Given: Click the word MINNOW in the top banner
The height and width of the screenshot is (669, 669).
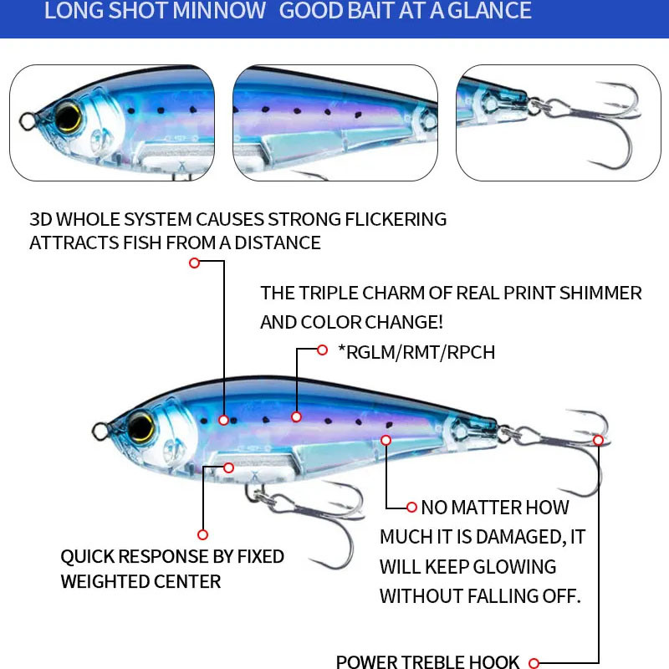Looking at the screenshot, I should [x=220, y=12].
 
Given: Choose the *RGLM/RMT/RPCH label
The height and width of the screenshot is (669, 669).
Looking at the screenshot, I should [x=416, y=353].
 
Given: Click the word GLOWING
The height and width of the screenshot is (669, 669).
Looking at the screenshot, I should [x=515, y=567].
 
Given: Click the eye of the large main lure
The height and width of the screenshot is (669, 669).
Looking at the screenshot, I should [x=143, y=426].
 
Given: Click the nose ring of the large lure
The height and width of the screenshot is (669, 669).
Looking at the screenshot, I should [x=100, y=432].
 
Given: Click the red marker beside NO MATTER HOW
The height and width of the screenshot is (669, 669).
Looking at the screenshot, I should [x=411, y=507].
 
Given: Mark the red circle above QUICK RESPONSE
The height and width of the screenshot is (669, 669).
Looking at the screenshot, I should [x=202, y=534].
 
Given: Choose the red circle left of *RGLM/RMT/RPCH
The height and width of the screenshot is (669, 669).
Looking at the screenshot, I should [x=322, y=350].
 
